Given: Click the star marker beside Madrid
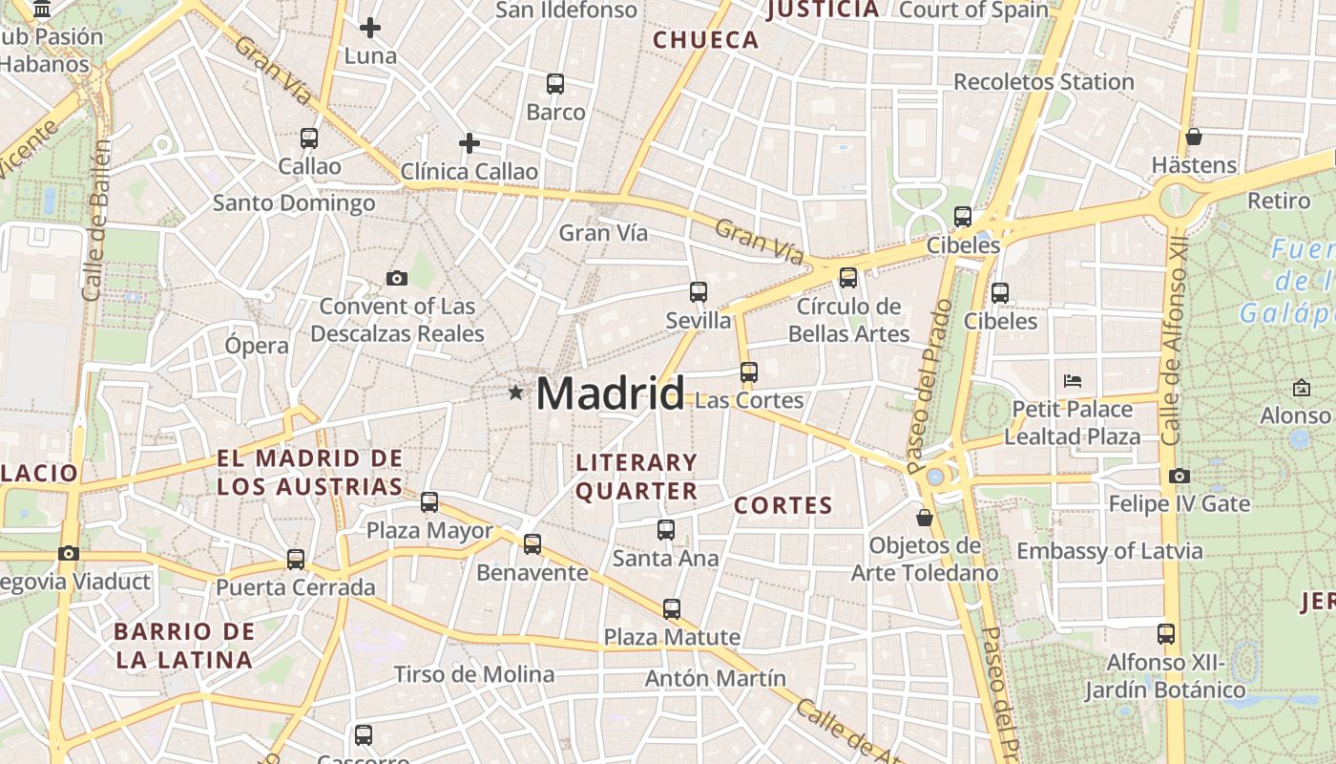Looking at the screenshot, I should [x=516, y=393].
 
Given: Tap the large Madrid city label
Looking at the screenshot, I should [x=610, y=393].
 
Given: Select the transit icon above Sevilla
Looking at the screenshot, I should [x=699, y=292].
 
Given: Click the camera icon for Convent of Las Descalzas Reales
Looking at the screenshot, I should [x=397, y=278].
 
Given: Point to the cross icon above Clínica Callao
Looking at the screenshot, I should [x=469, y=143].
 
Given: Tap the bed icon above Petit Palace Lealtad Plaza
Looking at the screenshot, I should [x=1073, y=381].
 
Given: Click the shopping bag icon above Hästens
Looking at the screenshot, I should [x=1193, y=137].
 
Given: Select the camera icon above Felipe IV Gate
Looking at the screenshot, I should [x=1179, y=476].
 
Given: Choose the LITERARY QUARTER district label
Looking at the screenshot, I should [x=637, y=477].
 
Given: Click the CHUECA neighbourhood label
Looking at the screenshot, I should [x=705, y=40].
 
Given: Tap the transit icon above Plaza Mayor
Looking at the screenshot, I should [x=429, y=501].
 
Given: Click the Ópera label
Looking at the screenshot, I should [x=257, y=346].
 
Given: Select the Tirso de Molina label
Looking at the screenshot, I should [x=474, y=674].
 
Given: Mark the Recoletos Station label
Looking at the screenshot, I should [x=1044, y=82].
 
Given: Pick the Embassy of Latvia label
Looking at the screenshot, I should [x=1109, y=551].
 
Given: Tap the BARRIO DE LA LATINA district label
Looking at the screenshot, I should [x=184, y=646].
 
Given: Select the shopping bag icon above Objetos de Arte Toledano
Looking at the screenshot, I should [x=924, y=518].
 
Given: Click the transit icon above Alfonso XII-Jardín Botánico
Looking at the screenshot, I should [x=1165, y=633].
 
